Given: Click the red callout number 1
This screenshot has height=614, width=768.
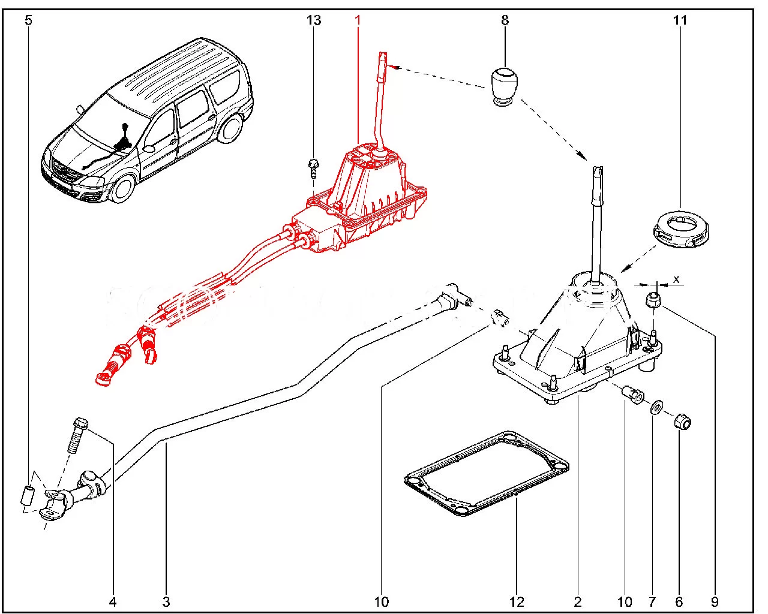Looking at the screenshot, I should click(x=358, y=20).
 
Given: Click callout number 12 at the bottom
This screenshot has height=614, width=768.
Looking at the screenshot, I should click(x=517, y=601).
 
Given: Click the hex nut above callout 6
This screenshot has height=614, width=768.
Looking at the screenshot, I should click(x=682, y=422).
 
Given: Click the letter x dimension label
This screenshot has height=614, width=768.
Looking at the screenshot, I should click(x=676, y=279).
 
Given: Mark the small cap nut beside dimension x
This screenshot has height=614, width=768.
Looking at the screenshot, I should click(x=654, y=300).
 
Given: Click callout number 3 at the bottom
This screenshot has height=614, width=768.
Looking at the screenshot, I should click(x=166, y=601).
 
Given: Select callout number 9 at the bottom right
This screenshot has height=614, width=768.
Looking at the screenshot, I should click(x=714, y=601).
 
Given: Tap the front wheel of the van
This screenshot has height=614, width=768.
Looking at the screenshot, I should click(x=123, y=188).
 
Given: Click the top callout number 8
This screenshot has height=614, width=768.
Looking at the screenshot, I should click(x=505, y=20).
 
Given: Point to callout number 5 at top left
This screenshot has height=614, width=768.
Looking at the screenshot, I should click(x=28, y=20).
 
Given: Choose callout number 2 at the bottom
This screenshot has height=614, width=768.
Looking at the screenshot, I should click(x=577, y=601).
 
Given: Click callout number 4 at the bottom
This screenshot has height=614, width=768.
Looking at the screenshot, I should click(x=113, y=601).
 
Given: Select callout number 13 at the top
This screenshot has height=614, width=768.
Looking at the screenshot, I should click(x=314, y=20).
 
